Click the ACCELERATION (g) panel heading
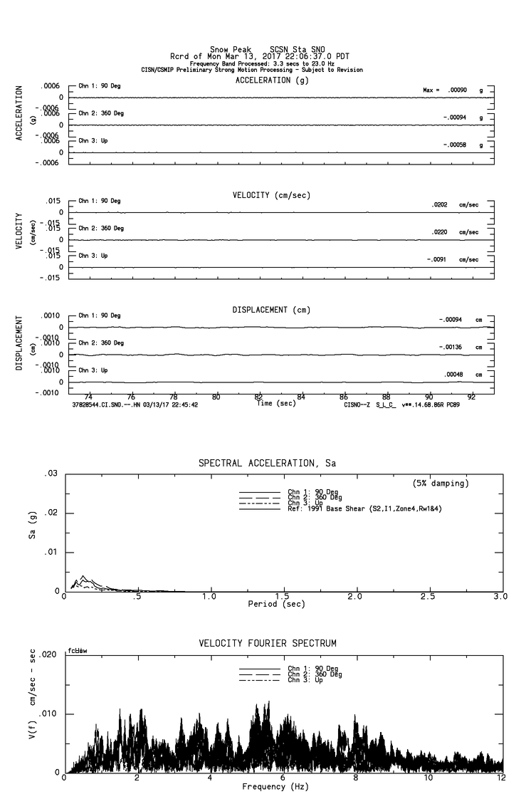[x=273, y=80]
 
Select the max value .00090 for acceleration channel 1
[x=458, y=90]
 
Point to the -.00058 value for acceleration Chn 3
[x=454, y=145]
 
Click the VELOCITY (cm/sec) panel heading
[x=271, y=195]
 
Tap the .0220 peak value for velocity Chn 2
[x=442, y=232]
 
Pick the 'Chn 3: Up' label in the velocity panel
[x=93, y=255]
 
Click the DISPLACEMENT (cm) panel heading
[x=271, y=310]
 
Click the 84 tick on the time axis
[x=301, y=397]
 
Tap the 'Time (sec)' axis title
[x=277, y=404]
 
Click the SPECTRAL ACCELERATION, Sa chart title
[x=267, y=464]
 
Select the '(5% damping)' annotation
[x=441, y=484]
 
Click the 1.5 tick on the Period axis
[x=282, y=597]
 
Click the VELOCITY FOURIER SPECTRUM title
[x=268, y=643]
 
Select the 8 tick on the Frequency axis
[x=355, y=778]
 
